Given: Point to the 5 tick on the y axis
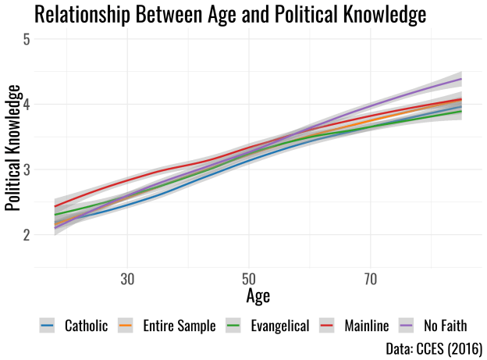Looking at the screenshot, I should [x=27, y=38].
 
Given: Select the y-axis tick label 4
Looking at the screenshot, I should [x=27, y=104].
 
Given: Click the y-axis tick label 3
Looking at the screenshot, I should [x=27, y=169].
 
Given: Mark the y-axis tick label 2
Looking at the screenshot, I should [x=27, y=234].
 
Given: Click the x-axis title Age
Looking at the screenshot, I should [x=258, y=297].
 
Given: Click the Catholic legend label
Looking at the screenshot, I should [x=86, y=326].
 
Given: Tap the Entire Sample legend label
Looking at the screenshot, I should [x=179, y=326].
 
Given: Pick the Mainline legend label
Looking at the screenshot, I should [x=368, y=326].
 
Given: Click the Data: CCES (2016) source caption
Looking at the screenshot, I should [x=434, y=348].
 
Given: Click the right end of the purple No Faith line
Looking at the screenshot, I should [x=462, y=79].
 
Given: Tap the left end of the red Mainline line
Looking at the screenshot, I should [x=55, y=206].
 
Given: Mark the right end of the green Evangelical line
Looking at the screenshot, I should [x=462, y=111].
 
